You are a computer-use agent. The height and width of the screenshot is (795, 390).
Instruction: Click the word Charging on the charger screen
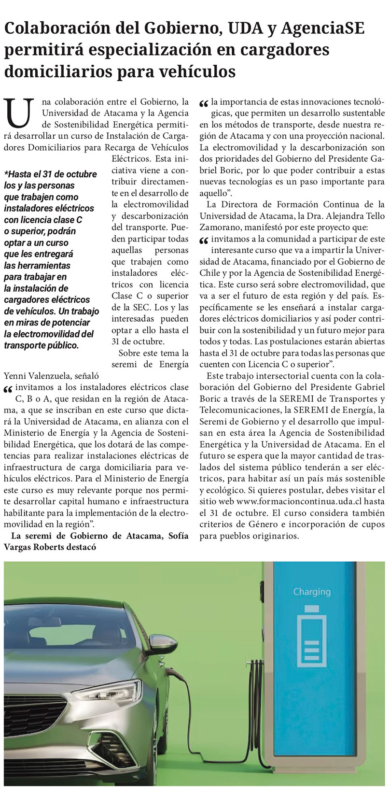[x=312, y=592]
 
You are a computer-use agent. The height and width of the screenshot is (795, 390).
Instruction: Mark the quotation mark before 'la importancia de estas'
[x=204, y=103]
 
